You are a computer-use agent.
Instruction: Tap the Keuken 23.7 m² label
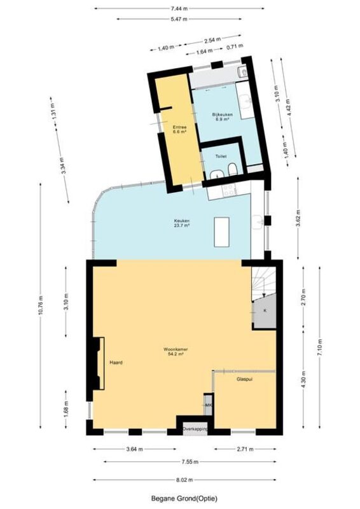pos(182,223)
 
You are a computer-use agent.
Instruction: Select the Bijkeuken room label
pos(223,117)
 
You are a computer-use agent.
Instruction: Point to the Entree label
pos(179,130)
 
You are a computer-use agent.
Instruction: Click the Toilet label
pos(221,157)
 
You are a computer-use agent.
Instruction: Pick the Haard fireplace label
pos(116,363)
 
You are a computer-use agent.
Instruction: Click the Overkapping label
pos(195,429)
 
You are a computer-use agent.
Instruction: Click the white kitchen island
pos(222,232)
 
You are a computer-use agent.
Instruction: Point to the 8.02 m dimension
pos(184,480)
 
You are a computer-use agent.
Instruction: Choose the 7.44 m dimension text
pos(179,8)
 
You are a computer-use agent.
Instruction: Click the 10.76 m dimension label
pos(40,305)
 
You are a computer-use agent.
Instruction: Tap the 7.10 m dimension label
pos(320,347)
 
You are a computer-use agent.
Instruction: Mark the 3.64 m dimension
pos(134,449)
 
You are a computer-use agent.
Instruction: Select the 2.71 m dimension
pos(245,449)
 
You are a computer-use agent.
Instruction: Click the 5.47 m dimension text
pos(179,19)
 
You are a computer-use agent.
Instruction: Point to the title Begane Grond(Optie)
pos(184,498)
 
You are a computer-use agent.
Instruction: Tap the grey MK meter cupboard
pos(208,405)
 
